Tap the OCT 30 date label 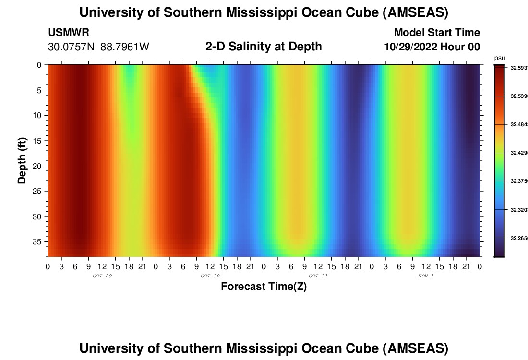click(210, 276)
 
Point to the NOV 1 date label click(426, 276)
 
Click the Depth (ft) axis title click(22, 160)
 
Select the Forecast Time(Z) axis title click(264, 287)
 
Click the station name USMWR click(68, 33)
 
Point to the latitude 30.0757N click(72, 47)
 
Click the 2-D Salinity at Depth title click(264, 47)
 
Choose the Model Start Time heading click(437, 33)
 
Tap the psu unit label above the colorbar click(499, 58)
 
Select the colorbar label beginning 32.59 click(518, 68)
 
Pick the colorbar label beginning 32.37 click(518, 181)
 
